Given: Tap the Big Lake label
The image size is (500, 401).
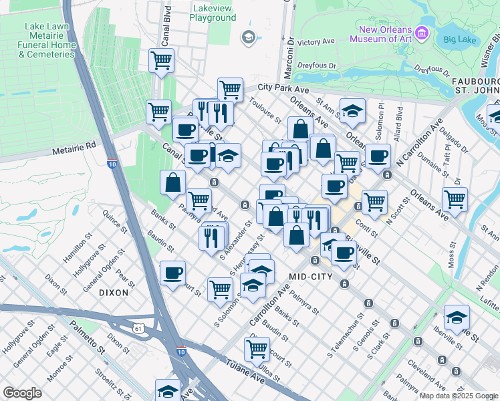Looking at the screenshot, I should point(459,39).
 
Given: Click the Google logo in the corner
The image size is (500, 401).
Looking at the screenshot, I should point(22,393).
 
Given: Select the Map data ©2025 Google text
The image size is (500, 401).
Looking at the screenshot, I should point(458,396).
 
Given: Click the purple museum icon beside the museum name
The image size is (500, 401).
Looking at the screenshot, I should point(421,33).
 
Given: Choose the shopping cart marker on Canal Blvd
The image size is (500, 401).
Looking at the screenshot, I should point(161,61).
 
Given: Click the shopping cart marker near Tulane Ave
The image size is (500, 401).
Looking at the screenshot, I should point(257,348).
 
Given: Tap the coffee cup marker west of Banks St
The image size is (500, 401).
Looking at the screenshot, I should point(172,273).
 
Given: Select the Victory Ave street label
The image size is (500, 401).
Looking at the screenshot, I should point(316,41).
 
